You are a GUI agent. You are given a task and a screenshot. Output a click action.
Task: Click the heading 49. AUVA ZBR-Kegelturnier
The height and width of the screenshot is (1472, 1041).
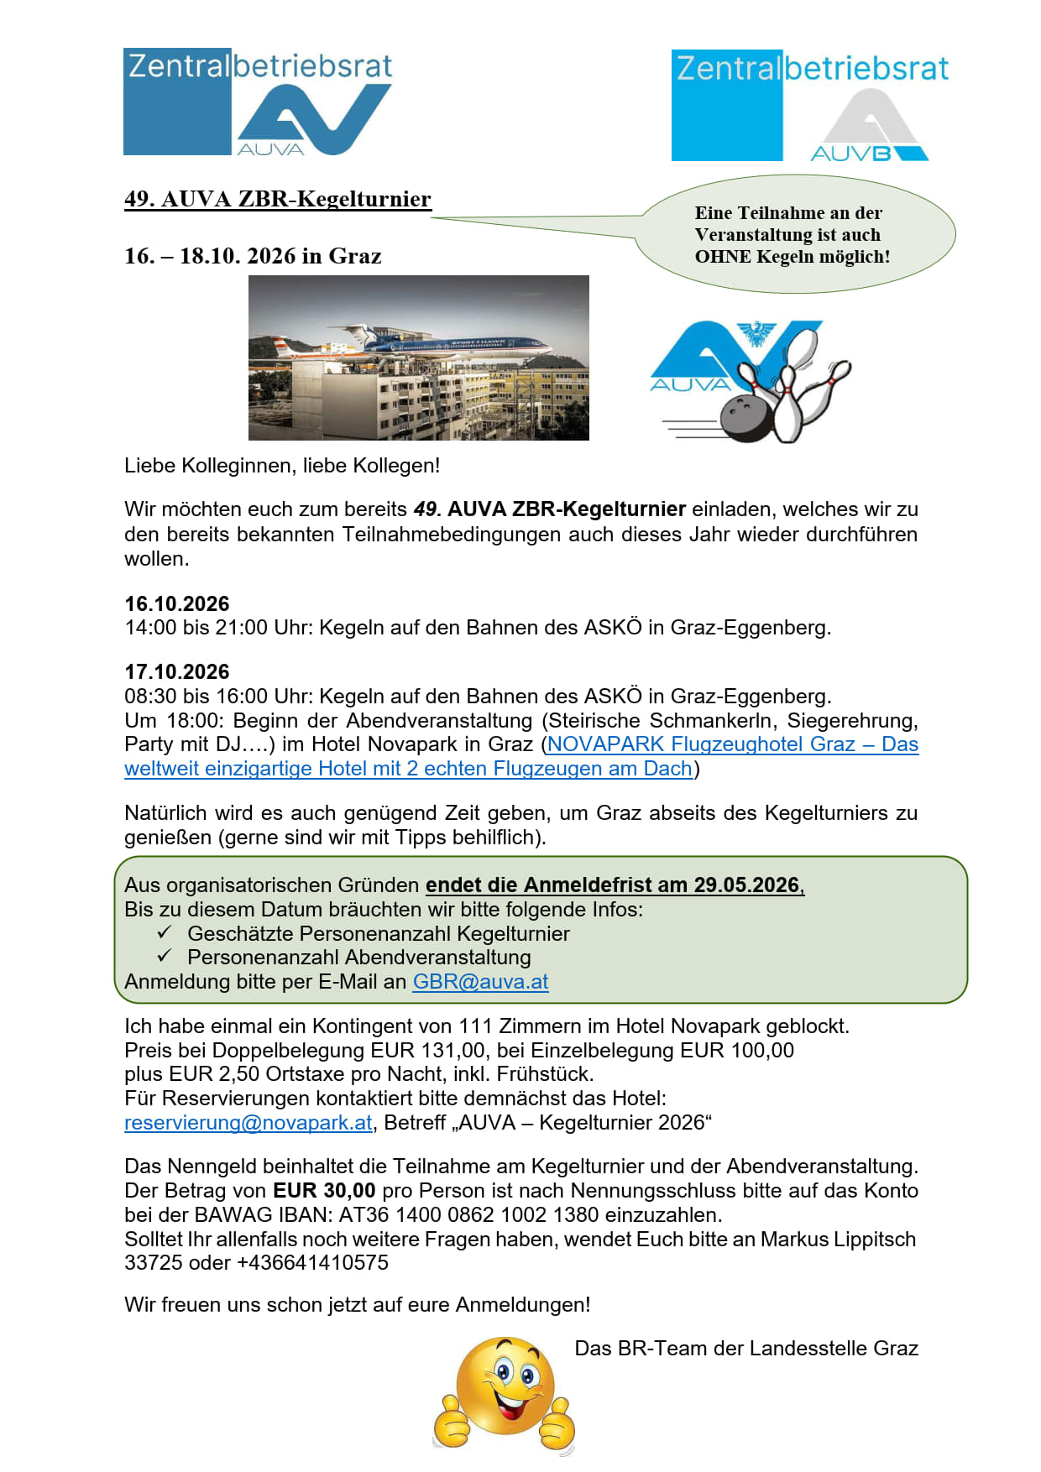[277, 199]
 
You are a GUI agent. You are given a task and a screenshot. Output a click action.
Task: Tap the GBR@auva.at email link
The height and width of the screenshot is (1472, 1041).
[480, 982]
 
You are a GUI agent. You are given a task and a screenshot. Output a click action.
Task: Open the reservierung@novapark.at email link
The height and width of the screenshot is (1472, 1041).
[248, 1123]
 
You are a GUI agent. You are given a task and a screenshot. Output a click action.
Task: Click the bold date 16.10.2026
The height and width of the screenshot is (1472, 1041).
[177, 603]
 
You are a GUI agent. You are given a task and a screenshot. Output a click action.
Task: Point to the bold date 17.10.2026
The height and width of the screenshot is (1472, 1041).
[177, 671]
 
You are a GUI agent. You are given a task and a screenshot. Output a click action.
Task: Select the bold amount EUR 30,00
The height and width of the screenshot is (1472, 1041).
[324, 1191]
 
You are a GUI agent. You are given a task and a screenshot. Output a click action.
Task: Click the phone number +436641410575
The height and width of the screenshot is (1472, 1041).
[313, 1263]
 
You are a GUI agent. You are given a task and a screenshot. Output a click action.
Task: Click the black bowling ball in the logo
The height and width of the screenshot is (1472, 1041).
[744, 416]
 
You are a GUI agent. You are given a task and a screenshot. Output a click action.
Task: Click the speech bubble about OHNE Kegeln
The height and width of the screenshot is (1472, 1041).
[793, 235]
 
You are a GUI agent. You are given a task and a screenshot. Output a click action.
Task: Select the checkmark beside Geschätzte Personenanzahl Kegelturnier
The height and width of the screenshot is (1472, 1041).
[165, 932]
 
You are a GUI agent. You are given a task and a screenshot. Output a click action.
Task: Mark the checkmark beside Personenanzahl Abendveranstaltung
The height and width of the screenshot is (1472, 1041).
[165, 956]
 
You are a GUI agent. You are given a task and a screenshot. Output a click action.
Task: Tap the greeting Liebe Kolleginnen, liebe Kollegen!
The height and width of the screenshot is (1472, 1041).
[282, 466]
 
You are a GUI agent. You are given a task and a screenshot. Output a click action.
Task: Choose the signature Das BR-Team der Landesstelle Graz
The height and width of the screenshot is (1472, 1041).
[745, 1349]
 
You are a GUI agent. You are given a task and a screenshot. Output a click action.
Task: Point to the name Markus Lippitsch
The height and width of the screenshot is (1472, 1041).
[838, 1240]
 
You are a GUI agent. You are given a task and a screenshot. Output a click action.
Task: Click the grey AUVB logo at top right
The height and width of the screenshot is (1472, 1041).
[869, 126]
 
